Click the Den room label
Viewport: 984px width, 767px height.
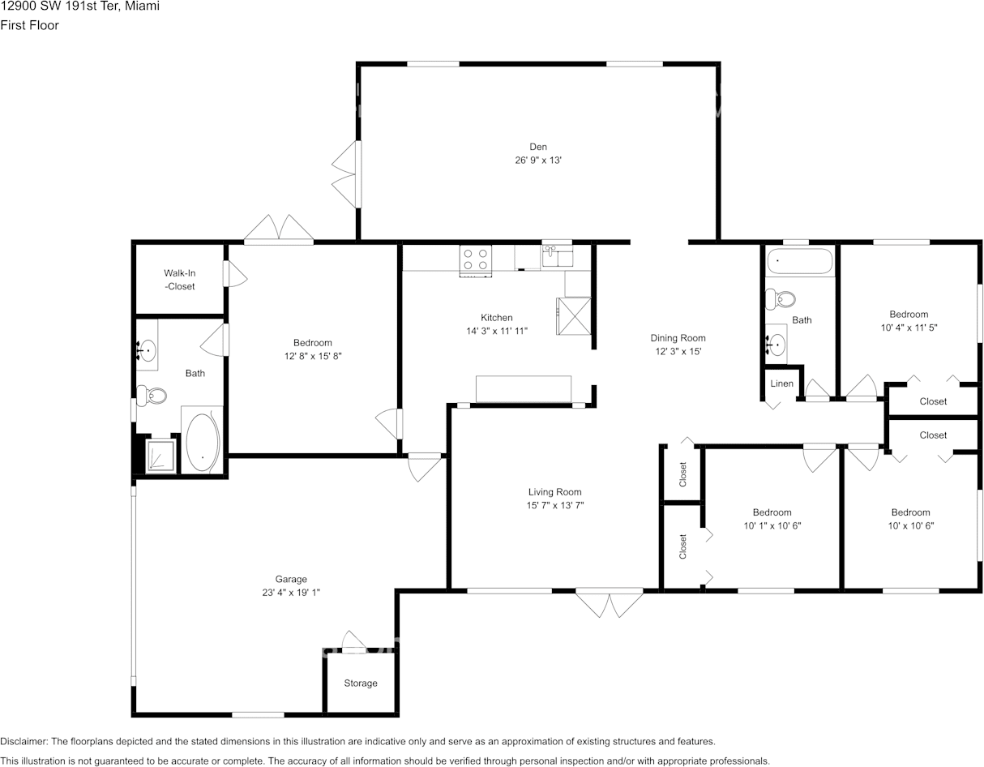click(538, 147)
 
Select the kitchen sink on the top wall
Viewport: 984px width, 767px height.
click(557, 255)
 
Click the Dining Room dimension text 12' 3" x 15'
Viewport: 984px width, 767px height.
click(678, 352)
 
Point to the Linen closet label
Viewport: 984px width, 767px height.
click(781, 383)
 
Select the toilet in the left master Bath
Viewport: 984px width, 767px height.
click(152, 396)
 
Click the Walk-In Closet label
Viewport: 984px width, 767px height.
click(179, 280)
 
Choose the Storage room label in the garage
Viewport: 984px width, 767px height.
click(360, 683)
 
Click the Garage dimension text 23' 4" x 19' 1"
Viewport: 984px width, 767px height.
click(291, 593)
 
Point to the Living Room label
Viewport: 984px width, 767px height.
click(554, 492)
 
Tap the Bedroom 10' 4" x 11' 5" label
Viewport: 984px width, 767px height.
click(908, 315)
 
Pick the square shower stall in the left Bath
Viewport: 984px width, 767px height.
click(160, 456)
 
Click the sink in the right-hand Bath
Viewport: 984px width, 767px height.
click(776, 345)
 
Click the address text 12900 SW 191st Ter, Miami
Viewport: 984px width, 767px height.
click(79, 6)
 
